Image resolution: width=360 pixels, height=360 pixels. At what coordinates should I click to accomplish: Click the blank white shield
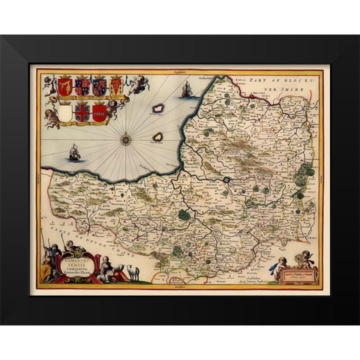click(x=65, y=112)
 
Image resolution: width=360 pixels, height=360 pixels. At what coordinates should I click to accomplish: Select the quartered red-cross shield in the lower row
click(x=82, y=112)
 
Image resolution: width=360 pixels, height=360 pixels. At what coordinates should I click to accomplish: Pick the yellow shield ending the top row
click(x=116, y=86)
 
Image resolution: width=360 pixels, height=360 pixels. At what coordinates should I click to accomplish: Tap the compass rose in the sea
click(x=125, y=138)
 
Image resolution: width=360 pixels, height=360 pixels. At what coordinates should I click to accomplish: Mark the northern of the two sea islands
click(x=158, y=108)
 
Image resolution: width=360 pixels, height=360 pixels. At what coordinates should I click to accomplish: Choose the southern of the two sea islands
click(x=157, y=136)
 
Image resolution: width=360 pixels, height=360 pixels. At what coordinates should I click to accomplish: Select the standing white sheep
click(x=133, y=272)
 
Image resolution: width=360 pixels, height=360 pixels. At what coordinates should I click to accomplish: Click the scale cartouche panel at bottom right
click(x=295, y=274)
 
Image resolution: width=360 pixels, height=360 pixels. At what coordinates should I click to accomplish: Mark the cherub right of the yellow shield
click(x=136, y=85)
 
